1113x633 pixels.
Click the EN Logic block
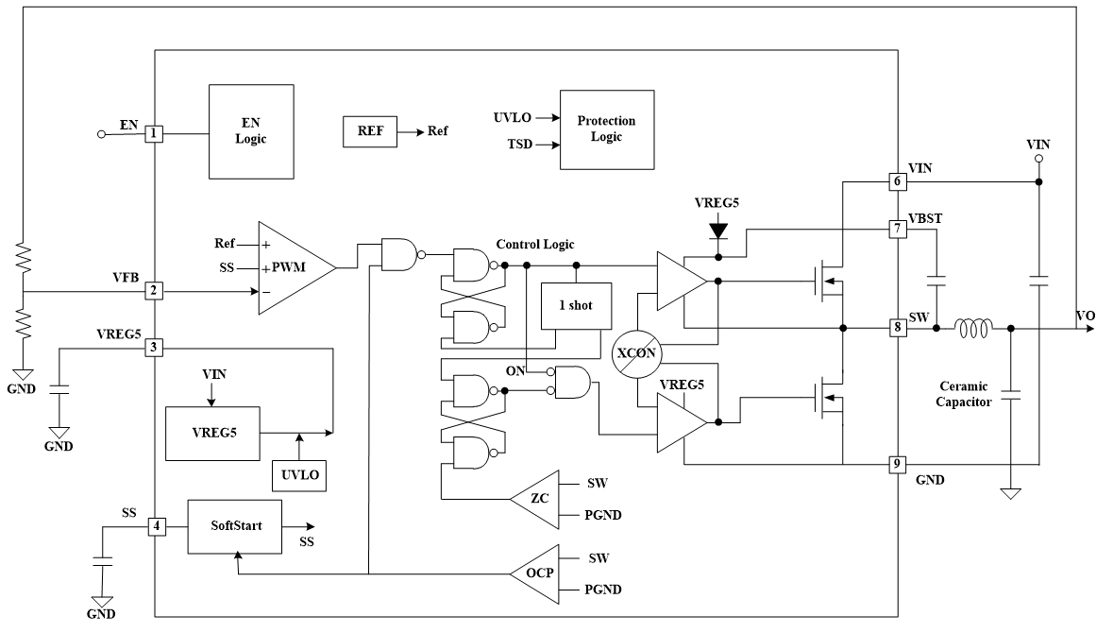pyautogui.click(x=252, y=131)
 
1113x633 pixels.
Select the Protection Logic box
pyautogui.click(x=606, y=129)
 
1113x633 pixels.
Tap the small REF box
pyautogui.click(x=369, y=131)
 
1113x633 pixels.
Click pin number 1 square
pyautogui.click(x=154, y=134)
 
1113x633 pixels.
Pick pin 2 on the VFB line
pyautogui.click(x=154, y=291)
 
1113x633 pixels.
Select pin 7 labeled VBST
pyautogui.click(x=898, y=228)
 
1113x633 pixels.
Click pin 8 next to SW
pyautogui.click(x=898, y=328)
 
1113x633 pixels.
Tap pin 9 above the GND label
pyautogui.click(x=898, y=464)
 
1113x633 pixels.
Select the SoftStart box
pyautogui.click(x=235, y=526)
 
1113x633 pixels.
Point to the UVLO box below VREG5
pyautogui.click(x=298, y=475)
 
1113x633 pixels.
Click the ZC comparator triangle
pyautogui.click(x=535, y=498)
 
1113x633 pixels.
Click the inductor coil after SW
pyautogui.click(x=973, y=328)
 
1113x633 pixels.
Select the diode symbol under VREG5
pyautogui.click(x=718, y=229)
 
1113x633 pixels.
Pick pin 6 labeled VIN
pyautogui.click(x=898, y=180)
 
